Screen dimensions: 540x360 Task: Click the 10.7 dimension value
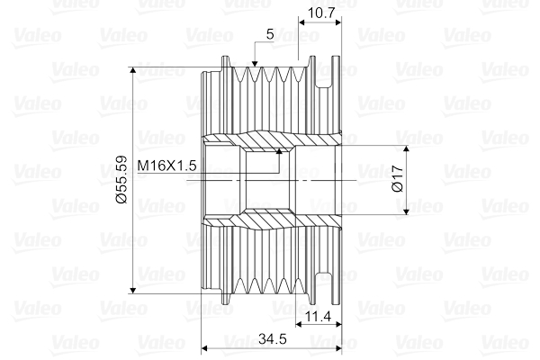point(321,13)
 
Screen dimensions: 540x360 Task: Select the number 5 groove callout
point(270,34)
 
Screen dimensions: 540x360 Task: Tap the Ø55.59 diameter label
point(121,179)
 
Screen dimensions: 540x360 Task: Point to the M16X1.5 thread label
point(166,166)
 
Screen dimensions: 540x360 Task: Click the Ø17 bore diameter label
point(398,178)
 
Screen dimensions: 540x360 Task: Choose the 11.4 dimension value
point(319,316)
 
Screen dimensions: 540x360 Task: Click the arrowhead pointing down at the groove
point(255,63)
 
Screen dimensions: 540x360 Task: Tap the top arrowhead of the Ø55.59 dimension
point(133,70)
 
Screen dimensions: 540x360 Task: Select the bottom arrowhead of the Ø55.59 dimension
point(133,290)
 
